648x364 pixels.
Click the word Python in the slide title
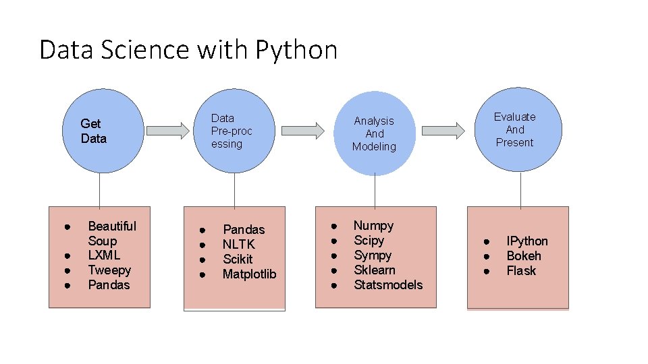(x=296, y=51)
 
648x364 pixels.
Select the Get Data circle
(x=99, y=131)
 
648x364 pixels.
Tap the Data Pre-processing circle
(x=234, y=131)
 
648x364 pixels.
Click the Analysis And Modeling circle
(x=374, y=133)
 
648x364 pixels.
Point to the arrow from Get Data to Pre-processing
(x=168, y=129)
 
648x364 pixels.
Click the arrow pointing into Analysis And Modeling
(x=303, y=131)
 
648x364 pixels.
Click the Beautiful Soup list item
(x=111, y=233)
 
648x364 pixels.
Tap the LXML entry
(x=104, y=255)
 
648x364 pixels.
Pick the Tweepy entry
(x=109, y=270)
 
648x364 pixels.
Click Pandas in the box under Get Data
(x=109, y=285)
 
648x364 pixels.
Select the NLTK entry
(x=239, y=245)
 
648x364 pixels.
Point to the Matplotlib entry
(x=249, y=274)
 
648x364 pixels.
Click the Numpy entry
(x=373, y=226)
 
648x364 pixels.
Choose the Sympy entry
(x=373, y=255)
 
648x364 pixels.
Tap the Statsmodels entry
(x=388, y=285)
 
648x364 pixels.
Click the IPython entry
(x=527, y=241)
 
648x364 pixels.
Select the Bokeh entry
(x=524, y=256)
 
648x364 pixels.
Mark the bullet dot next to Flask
(x=485, y=271)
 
